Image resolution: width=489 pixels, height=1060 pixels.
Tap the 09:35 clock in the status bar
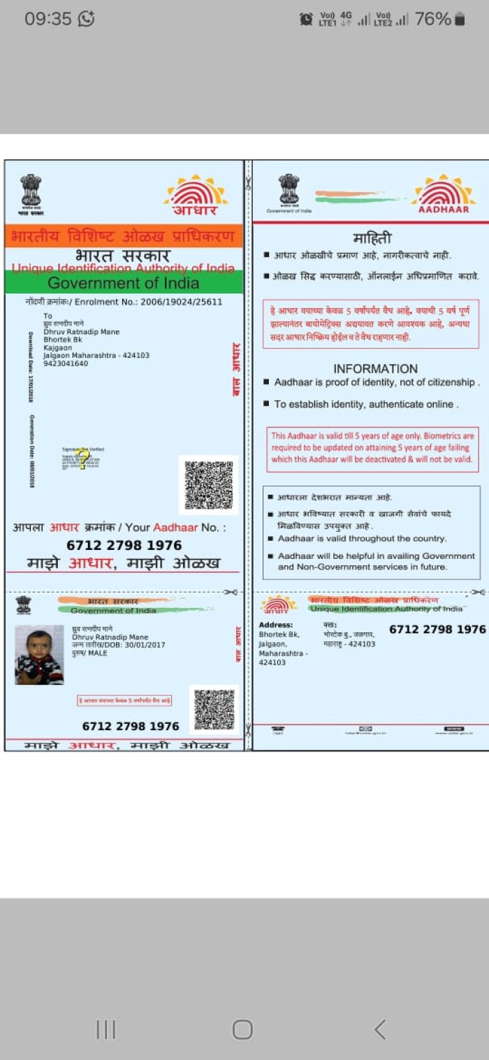[48, 19]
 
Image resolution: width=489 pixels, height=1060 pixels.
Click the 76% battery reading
[432, 19]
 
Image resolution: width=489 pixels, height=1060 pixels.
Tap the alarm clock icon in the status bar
[306, 20]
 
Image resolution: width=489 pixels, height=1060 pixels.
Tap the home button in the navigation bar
[242, 1029]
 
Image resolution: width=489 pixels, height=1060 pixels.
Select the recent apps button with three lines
[105, 1029]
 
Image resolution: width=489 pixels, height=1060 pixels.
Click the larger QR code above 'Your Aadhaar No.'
[208, 484]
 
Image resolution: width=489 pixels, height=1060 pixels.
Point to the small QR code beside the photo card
[214, 709]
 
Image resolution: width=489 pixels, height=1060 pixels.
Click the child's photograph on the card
[39, 655]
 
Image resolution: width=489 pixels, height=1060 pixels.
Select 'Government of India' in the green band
[124, 283]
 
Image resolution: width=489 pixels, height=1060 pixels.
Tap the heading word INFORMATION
[375, 369]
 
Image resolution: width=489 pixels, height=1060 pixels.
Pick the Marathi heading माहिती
[372, 239]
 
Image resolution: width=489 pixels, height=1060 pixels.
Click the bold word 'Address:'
[276, 625]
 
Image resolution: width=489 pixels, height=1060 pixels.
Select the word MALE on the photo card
[98, 653]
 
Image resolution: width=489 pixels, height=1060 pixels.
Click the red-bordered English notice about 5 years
[372, 448]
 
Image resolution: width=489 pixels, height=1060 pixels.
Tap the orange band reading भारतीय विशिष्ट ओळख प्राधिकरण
[124, 236]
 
